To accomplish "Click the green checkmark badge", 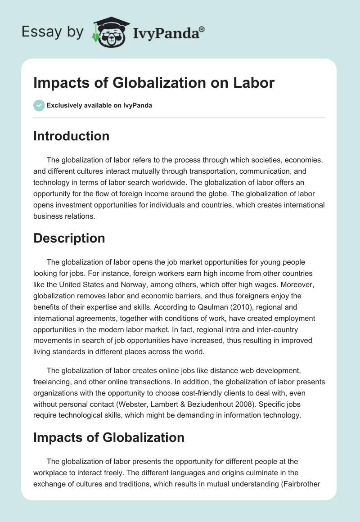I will point(39,105).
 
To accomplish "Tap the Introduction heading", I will point(71,136).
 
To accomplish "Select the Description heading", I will point(69,238).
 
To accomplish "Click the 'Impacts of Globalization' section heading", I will point(108,437).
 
